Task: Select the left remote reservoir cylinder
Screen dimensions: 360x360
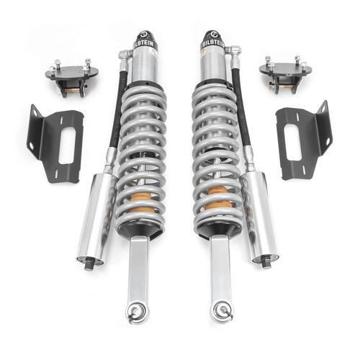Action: click(96, 212)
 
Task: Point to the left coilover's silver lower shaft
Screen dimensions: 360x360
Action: click(137, 270)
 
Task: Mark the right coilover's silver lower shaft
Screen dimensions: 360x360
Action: click(220, 270)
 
